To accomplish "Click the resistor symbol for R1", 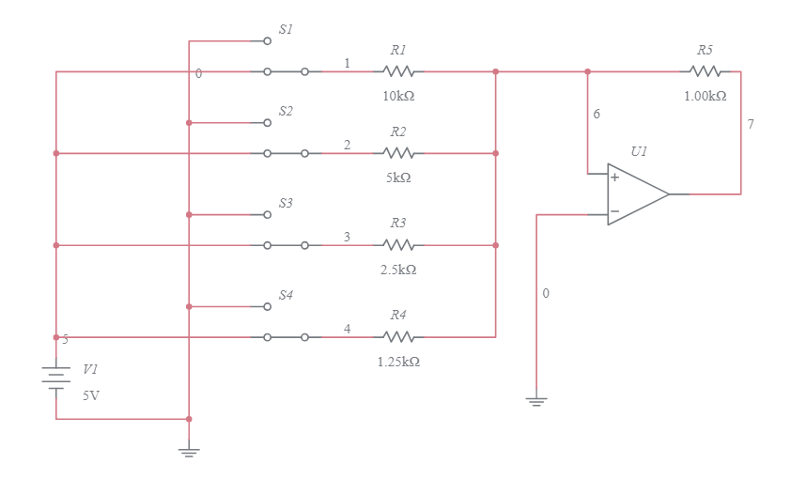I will point(398,71).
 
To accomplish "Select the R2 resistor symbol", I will point(398,152).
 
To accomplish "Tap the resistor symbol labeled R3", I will point(398,245).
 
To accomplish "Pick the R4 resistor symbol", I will point(398,336).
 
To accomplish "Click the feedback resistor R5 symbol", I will point(705,71).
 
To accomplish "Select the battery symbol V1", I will point(56,377).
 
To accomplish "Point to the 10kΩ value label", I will point(398,96).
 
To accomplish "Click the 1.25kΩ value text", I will point(398,362).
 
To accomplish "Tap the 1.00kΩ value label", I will point(705,96).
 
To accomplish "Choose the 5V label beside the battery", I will point(90,395).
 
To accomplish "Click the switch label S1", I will point(286,30).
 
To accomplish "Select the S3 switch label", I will point(286,203).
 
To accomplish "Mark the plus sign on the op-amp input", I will point(614,177).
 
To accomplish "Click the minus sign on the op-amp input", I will point(614,212).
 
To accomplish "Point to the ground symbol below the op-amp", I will point(536,401).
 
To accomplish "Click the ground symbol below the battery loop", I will point(189,452).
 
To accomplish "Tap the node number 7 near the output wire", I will point(750,124).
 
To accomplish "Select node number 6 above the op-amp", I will point(597,114).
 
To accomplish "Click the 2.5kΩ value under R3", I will point(398,270).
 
